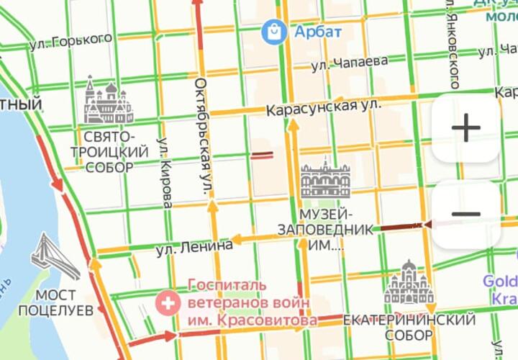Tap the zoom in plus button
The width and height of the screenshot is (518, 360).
point(465,129)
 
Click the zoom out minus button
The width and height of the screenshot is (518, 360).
point(465,214)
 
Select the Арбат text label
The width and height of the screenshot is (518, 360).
point(317,32)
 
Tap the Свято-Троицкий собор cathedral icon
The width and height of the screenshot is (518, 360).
point(108,101)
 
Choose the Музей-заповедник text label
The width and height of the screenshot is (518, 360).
point(326,230)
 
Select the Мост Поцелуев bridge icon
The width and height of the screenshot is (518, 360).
point(55,258)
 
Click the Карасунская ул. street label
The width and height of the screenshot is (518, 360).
point(323,108)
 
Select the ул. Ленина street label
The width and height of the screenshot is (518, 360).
point(194,247)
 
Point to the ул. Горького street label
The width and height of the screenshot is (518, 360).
point(71,42)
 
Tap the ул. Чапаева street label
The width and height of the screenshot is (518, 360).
point(350,63)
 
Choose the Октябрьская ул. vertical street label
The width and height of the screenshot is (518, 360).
point(202,137)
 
